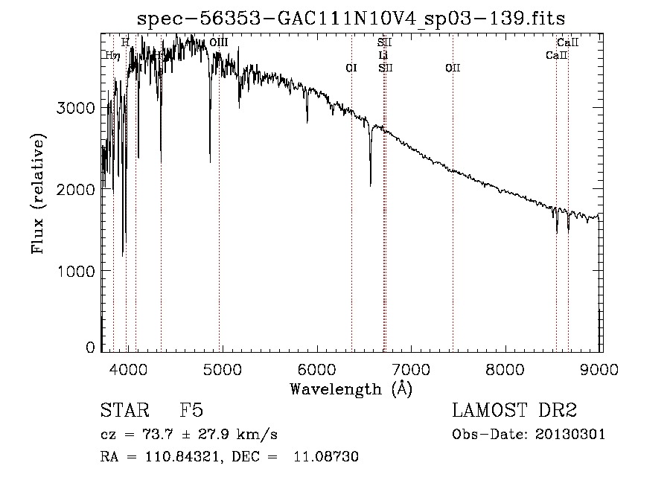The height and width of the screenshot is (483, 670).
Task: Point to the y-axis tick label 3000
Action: (76, 108)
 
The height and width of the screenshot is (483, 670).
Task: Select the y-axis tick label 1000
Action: (76, 271)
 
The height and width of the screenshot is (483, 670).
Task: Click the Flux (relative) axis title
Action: (38, 193)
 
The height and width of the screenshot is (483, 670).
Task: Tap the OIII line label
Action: (219, 43)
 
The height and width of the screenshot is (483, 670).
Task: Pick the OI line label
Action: (351, 68)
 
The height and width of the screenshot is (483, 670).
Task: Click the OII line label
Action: (453, 68)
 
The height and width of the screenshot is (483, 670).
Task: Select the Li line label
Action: (383, 55)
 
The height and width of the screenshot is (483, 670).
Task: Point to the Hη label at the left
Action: (112, 55)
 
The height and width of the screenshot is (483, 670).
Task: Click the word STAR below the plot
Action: (118, 411)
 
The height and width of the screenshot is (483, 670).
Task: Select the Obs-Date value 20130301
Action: (572, 434)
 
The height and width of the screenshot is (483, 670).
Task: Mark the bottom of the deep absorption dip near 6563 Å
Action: (371, 185)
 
